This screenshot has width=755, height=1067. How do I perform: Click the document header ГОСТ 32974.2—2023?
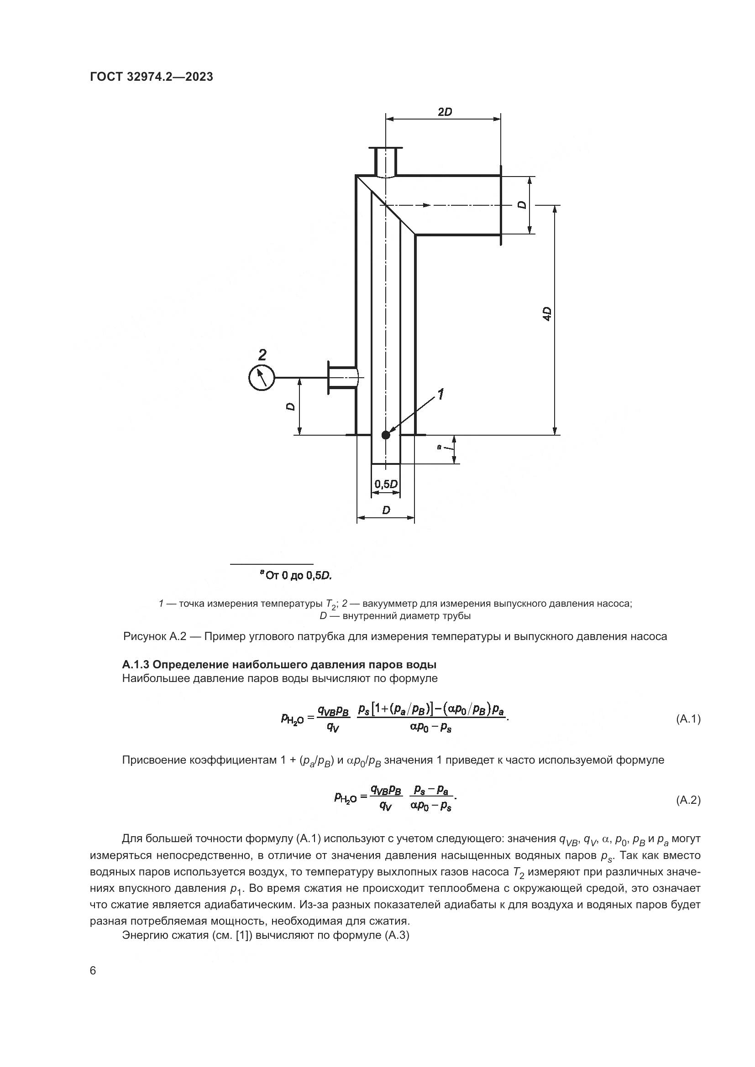(x=152, y=77)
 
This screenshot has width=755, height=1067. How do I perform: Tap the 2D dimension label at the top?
(x=445, y=112)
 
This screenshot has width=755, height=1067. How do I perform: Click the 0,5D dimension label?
(x=386, y=484)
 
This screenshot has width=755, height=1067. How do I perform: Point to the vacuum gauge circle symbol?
(x=262, y=377)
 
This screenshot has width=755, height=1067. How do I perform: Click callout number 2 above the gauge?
(x=262, y=355)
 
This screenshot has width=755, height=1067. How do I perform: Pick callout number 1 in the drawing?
(x=440, y=395)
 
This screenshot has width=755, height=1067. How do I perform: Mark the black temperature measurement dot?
(x=385, y=435)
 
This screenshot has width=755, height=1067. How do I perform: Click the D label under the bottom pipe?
(x=386, y=510)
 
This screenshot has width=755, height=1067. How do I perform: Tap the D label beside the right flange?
(x=523, y=205)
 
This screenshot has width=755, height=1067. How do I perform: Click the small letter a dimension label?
(x=439, y=447)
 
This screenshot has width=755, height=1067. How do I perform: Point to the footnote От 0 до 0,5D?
(x=297, y=576)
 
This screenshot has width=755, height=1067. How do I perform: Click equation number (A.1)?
(x=687, y=719)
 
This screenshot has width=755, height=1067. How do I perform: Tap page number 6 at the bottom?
(x=93, y=971)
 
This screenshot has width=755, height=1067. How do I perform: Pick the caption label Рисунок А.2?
(x=154, y=636)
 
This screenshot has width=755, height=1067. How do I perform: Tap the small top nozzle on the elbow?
(x=385, y=161)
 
